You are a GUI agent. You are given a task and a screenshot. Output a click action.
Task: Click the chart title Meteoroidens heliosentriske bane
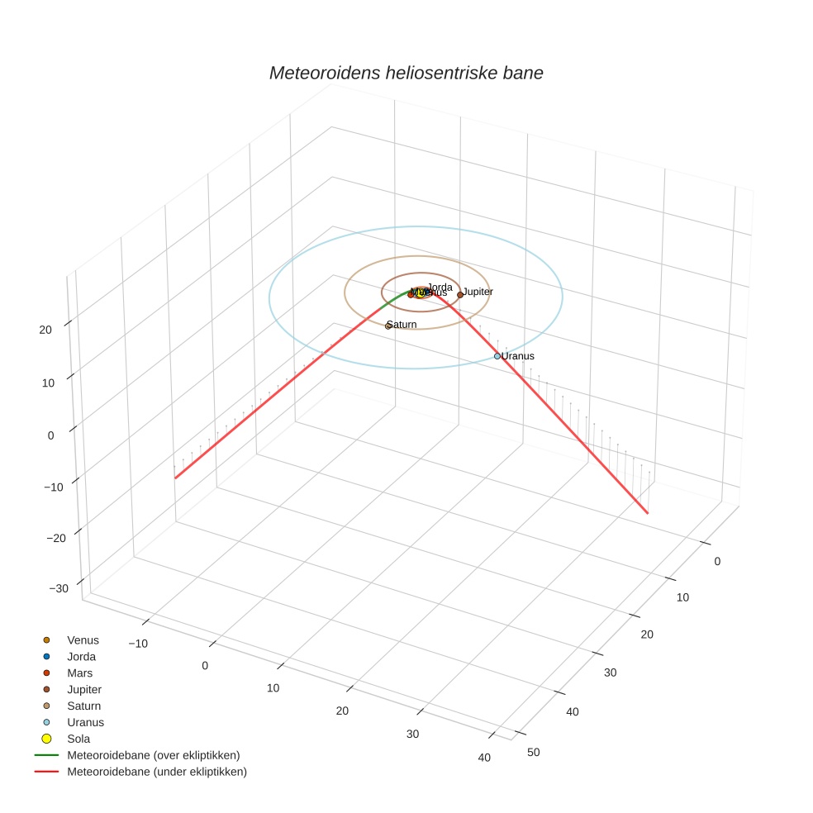click(x=406, y=74)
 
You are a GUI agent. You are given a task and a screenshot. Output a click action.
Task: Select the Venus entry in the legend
click(x=83, y=640)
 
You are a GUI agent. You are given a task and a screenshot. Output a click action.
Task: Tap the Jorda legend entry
click(x=81, y=657)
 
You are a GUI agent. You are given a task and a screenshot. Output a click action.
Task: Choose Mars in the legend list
click(x=79, y=673)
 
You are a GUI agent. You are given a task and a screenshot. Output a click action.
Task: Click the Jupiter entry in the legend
click(x=84, y=690)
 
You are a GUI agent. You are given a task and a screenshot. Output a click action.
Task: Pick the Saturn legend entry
click(x=83, y=706)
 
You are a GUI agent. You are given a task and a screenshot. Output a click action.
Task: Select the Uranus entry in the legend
click(x=85, y=723)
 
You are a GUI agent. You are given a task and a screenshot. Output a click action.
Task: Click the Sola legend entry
click(x=78, y=739)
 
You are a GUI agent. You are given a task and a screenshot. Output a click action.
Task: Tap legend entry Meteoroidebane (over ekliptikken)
click(x=153, y=756)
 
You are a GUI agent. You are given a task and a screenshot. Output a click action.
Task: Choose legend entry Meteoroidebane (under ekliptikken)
click(x=156, y=773)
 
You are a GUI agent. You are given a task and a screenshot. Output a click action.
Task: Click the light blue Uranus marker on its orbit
click(x=497, y=356)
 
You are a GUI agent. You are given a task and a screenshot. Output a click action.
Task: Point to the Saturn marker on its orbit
click(x=388, y=326)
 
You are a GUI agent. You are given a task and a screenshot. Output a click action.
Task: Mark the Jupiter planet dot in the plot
click(x=460, y=294)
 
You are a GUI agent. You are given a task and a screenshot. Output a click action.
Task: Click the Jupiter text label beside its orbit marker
click(x=478, y=292)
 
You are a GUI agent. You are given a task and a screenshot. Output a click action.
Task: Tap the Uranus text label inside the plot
click(x=518, y=356)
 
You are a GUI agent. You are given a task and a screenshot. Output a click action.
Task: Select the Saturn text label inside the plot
click(x=402, y=325)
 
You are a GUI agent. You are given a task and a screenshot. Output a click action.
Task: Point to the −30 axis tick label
click(x=59, y=588)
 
